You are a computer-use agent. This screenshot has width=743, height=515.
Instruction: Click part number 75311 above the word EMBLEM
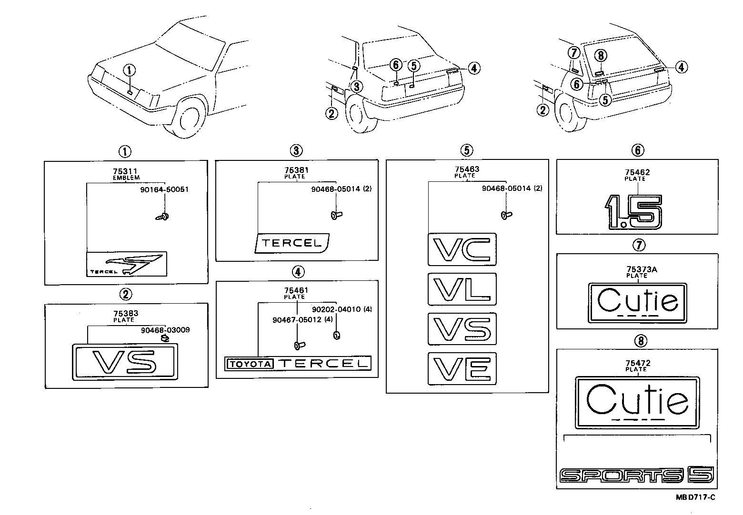pos(126,171)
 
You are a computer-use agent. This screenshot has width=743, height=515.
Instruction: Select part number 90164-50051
pos(164,189)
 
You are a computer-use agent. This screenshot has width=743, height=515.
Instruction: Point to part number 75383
pos(124,314)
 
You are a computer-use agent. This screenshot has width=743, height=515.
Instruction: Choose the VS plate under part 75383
pos(125,362)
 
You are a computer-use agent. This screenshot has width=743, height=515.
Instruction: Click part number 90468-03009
pos(165,330)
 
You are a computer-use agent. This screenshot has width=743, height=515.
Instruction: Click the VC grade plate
pos(462,249)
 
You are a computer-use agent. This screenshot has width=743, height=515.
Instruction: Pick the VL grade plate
pos(462,289)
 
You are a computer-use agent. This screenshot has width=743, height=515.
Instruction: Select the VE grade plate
pos(462,368)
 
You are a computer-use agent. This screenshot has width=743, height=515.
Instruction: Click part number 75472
pos(638,363)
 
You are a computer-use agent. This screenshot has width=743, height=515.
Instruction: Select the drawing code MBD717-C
pos(695,497)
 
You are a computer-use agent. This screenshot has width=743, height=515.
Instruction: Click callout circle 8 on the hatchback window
pos(601,56)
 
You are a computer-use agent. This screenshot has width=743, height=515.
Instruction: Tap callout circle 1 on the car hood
pos(129,70)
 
